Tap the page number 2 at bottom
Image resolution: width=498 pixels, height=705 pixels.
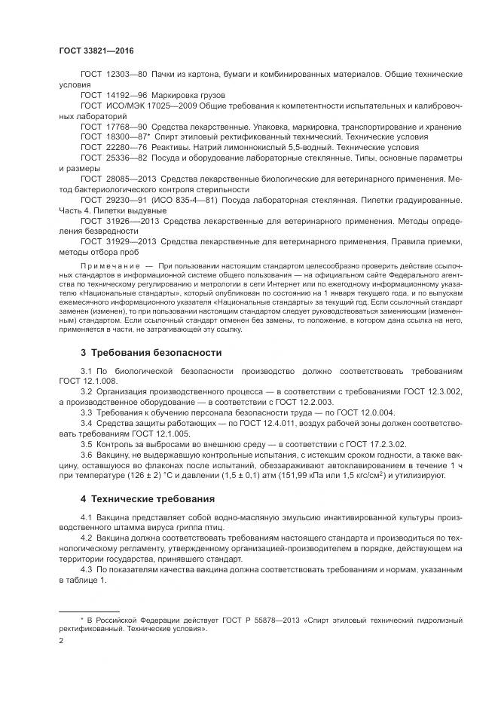click(x=61, y=640)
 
